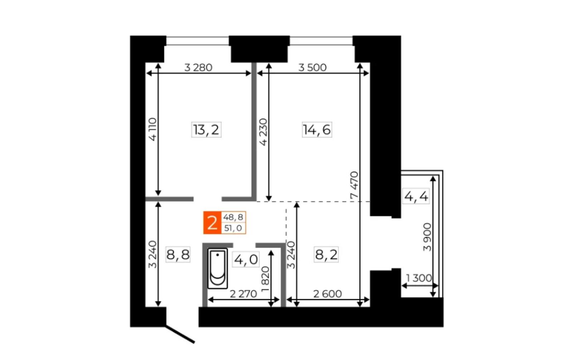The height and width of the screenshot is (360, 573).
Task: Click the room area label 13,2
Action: coord(206,130)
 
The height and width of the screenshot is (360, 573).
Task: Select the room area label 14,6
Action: coord(317,130)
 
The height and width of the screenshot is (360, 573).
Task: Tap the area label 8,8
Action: coord(178,254)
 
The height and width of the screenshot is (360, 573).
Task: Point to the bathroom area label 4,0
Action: coord(246,260)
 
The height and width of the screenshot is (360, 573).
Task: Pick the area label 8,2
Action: coord(326,254)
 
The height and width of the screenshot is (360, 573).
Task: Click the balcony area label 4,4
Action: coord(416,197)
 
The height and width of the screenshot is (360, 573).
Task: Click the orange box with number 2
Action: coord(212,223)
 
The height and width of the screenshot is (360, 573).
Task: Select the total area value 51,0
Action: coord(233,228)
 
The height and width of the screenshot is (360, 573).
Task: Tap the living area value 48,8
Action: coord(233,217)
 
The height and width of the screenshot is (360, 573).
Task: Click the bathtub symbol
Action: coord(218,268)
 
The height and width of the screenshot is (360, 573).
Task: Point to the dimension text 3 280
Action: coord(198,67)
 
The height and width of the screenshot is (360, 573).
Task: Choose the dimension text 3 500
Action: coord(312,67)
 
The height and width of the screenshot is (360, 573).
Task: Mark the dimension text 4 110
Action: coord(153,129)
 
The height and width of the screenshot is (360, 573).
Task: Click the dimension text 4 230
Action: coord(264,132)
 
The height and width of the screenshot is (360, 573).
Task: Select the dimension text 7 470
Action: coord(354,185)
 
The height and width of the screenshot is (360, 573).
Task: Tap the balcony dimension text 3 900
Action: coord(427,237)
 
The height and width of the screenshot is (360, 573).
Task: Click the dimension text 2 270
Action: coord(244,294)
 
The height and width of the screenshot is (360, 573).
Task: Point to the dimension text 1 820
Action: coord(265,278)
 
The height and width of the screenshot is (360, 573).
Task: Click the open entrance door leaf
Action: coord(180,334)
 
